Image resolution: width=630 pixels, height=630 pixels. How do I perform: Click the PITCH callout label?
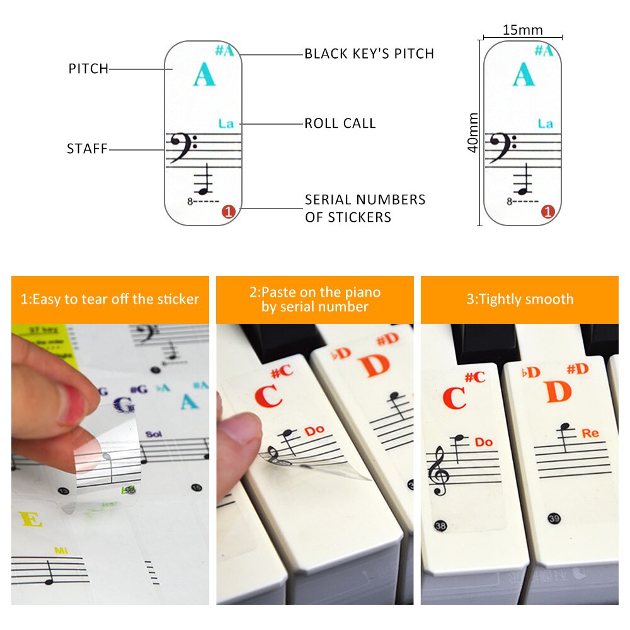pyautogui.click(x=88, y=69)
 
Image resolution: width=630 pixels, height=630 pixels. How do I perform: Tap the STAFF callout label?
pyautogui.click(x=87, y=149)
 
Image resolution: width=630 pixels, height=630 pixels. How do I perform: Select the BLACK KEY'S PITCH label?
pyautogui.click(x=369, y=54)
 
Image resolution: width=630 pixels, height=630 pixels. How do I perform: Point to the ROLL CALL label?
pyautogui.click(x=340, y=123)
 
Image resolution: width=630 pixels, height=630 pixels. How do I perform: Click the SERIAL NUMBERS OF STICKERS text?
pyautogui.click(x=365, y=208)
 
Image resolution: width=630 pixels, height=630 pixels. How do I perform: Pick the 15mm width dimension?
pyautogui.click(x=522, y=30)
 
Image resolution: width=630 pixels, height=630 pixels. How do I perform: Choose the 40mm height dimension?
pyautogui.click(x=473, y=132)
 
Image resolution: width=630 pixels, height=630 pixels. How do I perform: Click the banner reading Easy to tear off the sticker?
pyautogui.click(x=110, y=299)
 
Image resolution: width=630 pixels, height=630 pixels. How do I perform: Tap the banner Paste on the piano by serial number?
pyautogui.click(x=314, y=299)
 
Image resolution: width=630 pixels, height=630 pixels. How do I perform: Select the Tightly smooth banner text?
pyautogui.click(x=520, y=299)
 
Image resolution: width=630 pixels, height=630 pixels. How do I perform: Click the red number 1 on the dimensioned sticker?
pyautogui.click(x=547, y=212)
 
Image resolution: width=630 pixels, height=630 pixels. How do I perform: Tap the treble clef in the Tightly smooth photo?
pyautogui.click(x=438, y=472)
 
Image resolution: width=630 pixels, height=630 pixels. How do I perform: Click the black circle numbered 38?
pyautogui.click(x=438, y=524)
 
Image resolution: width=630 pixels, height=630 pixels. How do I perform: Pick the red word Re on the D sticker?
pyautogui.click(x=590, y=433)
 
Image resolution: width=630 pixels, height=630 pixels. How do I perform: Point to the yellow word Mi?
pyautogui.click(x=60, y=551)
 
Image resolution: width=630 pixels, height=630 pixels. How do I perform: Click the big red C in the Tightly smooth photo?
pyautogui.click(x=454, y=398)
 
